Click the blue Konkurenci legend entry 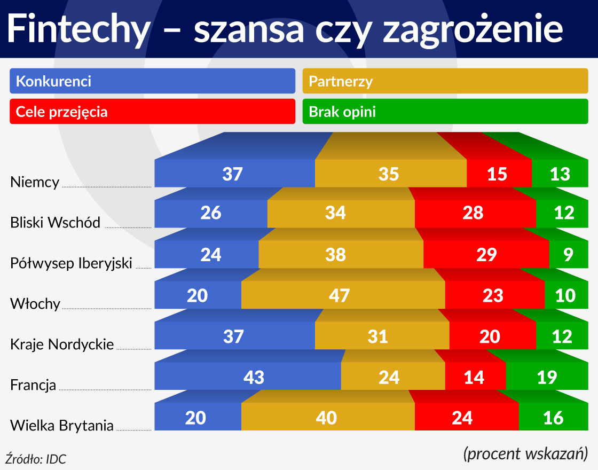pos(152,81)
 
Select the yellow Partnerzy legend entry pos(445,81)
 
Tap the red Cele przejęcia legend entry pos(152,112)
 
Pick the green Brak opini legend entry pos(445,112)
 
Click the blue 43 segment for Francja pos(248,377)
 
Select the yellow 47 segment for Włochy pos(343,295)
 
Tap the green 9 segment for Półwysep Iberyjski pos(568,255)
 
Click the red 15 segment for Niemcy pos(499,174)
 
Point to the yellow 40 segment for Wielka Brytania pos(328,417)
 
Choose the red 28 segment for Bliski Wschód pos(475,213)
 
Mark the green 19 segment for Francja pos(547,377)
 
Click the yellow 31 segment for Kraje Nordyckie pos(382,336)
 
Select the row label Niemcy pos(35,182)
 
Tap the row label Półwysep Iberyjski pos(71,263)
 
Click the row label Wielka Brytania pos(62,426)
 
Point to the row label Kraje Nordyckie pos(62,344)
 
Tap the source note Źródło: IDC pos(36,459)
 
